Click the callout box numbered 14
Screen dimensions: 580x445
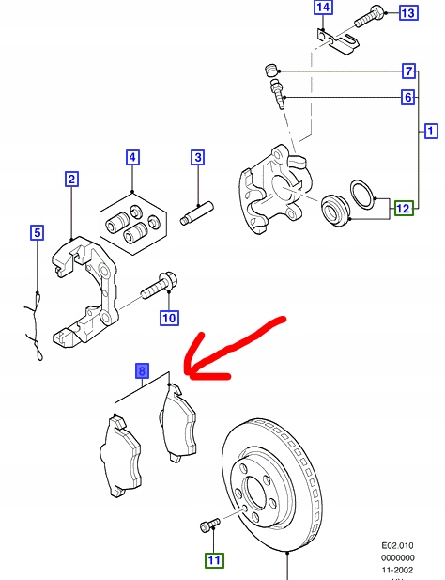[323, 9]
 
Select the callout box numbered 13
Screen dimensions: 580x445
[408, 13]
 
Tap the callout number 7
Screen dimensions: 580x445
[408, 71]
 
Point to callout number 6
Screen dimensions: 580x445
[408, 98]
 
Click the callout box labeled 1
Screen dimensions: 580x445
[431, 131]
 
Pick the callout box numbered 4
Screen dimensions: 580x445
[132, 157]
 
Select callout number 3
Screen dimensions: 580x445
[198, 157]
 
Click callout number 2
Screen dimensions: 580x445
[71, 179]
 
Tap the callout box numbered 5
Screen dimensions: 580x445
[37, 232]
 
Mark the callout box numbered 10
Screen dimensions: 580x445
[168, 318]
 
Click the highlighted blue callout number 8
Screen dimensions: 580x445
[142, 371]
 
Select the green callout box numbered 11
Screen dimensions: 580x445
[215, 561]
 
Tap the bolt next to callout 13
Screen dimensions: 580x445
[369, 14]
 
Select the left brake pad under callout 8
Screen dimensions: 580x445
[118, 456]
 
